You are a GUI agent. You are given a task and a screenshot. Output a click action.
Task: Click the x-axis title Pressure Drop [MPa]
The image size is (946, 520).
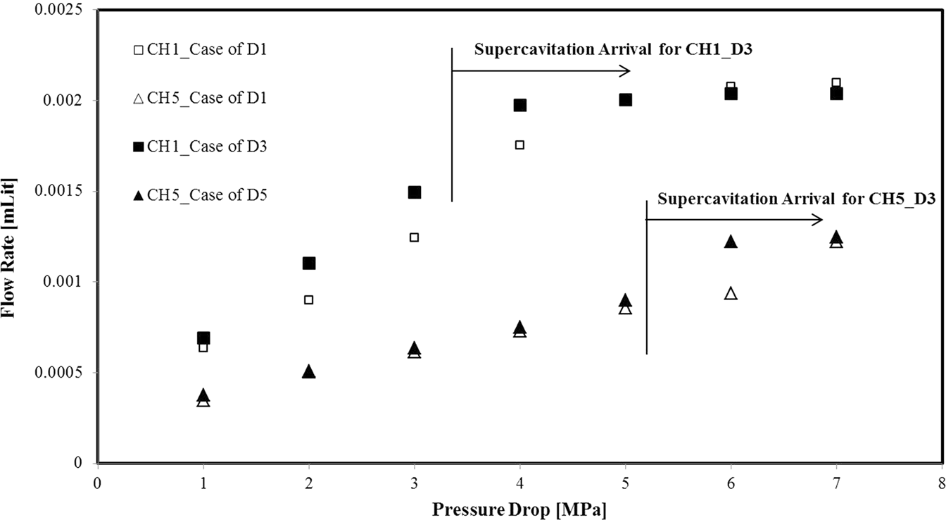point(519,509)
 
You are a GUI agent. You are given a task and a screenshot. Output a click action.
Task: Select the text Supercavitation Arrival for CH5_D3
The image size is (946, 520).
point(795,199)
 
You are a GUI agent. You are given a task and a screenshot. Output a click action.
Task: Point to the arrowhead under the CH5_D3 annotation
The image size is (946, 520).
point(818,220)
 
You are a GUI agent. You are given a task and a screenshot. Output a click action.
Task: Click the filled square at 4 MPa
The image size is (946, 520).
point(520,105)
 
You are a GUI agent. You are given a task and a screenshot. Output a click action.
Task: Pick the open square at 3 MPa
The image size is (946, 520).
point(415,237)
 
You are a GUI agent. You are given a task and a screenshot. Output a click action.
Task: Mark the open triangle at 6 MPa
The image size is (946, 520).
point(731,293)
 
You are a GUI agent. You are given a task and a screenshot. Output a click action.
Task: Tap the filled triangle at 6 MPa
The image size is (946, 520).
point(731,242)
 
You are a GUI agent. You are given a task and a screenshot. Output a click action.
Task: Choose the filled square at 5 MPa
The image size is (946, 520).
point(626,99)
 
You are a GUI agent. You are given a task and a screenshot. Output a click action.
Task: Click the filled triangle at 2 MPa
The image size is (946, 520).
point(309,371)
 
